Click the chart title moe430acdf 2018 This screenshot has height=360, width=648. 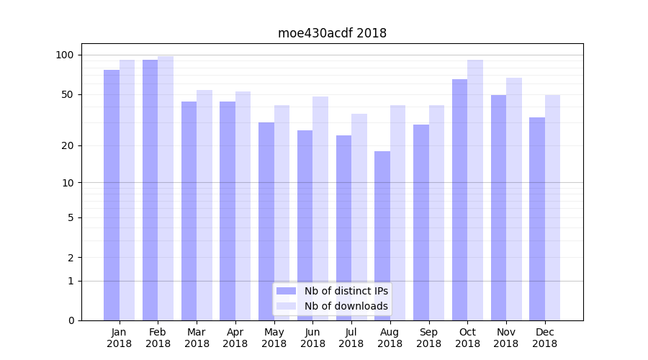332,33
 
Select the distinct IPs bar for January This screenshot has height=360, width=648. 112,194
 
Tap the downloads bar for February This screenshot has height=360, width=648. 166,187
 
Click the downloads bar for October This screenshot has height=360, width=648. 475,190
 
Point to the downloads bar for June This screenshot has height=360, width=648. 320,208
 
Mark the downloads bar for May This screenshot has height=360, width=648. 282,212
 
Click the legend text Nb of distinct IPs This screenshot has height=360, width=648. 346,291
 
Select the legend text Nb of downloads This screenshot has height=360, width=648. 346,306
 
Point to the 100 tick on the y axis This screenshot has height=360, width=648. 65,55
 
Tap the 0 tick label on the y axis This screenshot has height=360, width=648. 71,320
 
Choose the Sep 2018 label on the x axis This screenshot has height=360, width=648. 428,338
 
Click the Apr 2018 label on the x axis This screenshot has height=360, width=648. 235,338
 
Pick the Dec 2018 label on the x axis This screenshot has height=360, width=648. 544,338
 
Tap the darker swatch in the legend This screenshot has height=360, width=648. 287,291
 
